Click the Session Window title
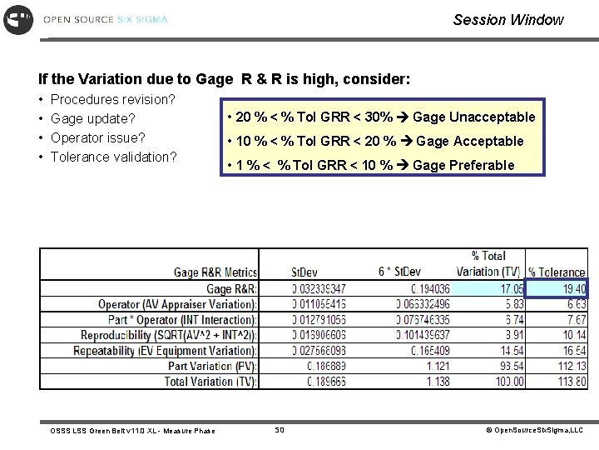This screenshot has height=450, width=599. click(508, 19)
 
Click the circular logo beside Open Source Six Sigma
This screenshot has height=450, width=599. click(17, 19)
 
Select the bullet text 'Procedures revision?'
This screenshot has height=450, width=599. click(112, 100)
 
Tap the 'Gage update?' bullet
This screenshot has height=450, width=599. click(93, 119)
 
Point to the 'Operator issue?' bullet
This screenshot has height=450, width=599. click(98, 137)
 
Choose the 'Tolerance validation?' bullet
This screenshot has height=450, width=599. click(114, 157)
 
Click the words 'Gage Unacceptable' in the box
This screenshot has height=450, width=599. click(473, 117)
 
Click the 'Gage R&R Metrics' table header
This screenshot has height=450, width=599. click(215, 272)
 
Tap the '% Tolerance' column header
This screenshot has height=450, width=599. click(557, 272)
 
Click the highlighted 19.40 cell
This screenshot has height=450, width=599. click(557, 288)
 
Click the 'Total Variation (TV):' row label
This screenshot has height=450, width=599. click(211, 382)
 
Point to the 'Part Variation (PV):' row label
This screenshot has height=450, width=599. click(213, 366)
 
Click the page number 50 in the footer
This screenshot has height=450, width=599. click(280, 430)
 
